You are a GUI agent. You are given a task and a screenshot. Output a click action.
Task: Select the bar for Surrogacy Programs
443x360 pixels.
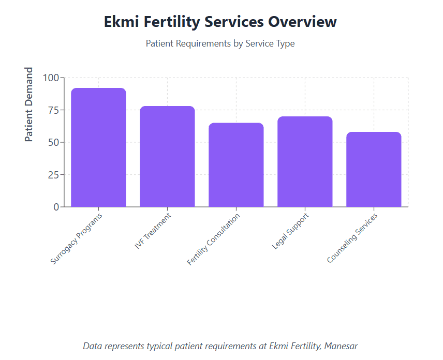click(x=98, y=147)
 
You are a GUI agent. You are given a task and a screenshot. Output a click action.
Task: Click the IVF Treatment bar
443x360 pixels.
click(x=167, y=157)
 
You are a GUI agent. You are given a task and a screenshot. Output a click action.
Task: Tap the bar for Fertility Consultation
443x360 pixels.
click(x=236, y=165)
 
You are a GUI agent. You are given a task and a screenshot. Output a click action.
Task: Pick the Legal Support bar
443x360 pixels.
click(x=305, y=162)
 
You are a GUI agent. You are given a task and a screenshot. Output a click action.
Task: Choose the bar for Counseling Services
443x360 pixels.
click(x=374, y=170)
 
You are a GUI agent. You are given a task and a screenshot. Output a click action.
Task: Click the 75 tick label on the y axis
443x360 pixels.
click(x=53, y=110)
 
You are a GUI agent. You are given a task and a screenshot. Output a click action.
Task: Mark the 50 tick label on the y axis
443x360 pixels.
click(x=53, y=142)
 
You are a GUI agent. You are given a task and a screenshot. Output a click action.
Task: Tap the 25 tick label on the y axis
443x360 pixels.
click(x=53, y=175)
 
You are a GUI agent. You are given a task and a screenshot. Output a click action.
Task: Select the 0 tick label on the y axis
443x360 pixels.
click(x=56, y=207)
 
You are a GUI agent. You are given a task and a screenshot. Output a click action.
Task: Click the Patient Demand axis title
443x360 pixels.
click(x=29, y=104)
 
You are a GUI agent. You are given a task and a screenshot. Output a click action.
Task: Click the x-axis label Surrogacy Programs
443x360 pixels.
click(x=77, y=238)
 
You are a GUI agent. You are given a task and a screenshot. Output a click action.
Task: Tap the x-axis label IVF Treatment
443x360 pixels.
click(x=153, y=231)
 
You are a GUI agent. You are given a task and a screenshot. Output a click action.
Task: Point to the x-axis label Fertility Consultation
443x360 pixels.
click(x=214, y=239)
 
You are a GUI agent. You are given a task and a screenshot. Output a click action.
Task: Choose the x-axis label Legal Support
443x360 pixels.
click(x=290, y=231)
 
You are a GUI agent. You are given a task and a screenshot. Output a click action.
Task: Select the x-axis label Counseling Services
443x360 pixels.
click(x=352, y=238)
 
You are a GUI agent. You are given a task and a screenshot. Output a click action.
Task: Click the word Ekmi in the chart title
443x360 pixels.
click(x=123, y=22)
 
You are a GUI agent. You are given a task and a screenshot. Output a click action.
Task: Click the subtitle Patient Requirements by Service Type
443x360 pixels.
click(x=220, y=43)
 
